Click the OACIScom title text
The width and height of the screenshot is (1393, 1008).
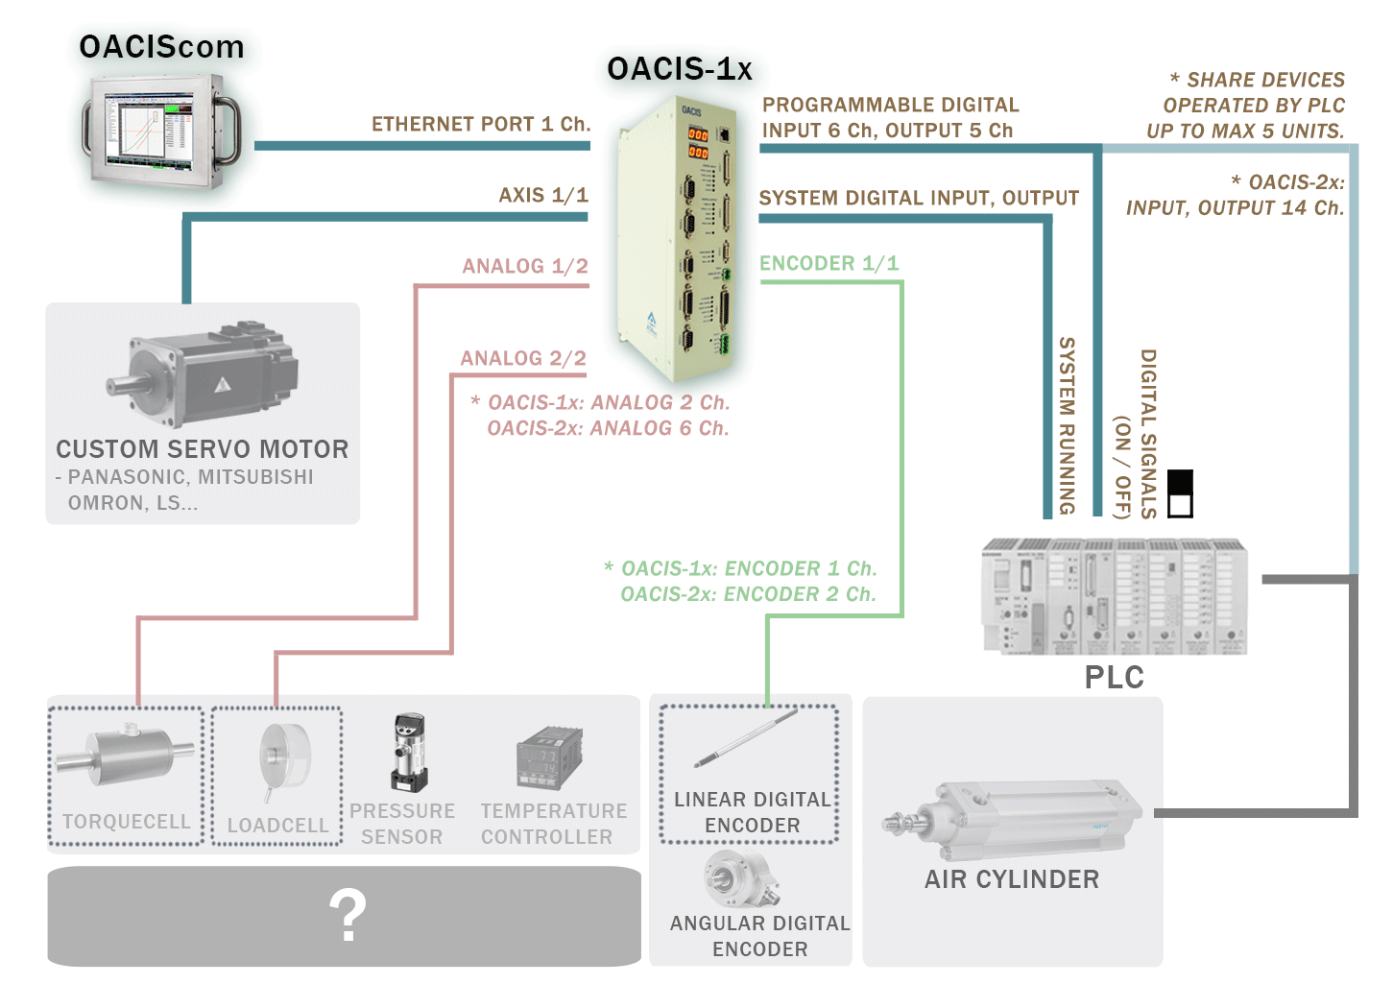(x=161, y=47)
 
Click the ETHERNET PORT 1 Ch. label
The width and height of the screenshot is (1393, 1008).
(x=481, y=124)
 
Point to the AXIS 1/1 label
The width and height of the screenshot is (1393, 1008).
(x=543, y=195)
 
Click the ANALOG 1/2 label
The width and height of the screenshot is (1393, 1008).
(x=525, y=266)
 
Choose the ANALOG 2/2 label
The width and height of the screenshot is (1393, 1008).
(x=523, y=358)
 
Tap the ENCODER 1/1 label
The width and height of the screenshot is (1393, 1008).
(x=829, y=263)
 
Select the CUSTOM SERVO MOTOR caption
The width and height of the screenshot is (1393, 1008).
(x=203, y=449)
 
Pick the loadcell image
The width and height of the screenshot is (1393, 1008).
(x=284, y=759)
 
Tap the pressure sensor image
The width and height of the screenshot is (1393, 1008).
(x=408, y=753)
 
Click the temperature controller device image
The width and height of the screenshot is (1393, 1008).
(x=549, y=758)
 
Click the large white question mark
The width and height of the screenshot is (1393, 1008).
(x=348, y=915)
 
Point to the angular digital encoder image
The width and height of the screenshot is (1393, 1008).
(x=741, y=878)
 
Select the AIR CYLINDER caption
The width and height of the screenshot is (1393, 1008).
(x=1012, y=879)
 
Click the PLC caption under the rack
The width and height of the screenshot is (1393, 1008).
(x=1115, y=677)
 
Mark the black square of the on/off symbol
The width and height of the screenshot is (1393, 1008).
(x=1180, y=481)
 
